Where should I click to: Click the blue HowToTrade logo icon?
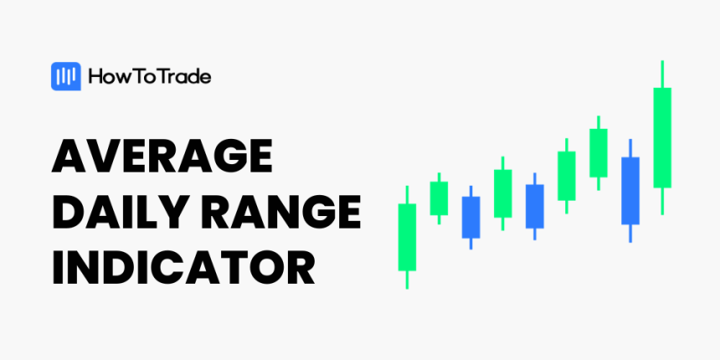pyautogui.click(x=65, y=77)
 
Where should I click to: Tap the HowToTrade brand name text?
pyautogui.click(x=149, y=77)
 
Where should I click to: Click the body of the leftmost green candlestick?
pyautogui.click(x=407, y=236)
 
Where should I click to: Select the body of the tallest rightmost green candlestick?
pyautogui.click(x=662, y=136)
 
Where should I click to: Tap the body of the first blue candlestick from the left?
pyautogui.click(x=471, y=218)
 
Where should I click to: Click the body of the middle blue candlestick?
pyautogui.click(x=535, y=206)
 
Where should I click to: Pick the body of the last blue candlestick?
pyautogui.click(x=630, y=190)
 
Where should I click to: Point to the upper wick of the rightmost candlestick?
pyautogui.click(x=662, y=73)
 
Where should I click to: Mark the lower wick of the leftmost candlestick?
pyautogui.click(x=407, y=280)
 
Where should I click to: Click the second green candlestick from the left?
pyautogui.click(x=440, y=198)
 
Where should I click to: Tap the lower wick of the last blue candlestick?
pyautogui.click(x=630, y=233)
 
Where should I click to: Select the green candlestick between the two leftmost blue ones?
pyautogui.click(x=503, y=193)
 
